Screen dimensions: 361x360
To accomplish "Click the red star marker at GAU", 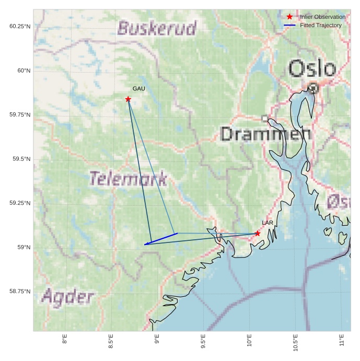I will (128, 99).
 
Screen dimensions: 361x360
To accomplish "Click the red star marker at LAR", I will (258, 234).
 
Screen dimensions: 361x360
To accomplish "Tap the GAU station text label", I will (138, 89).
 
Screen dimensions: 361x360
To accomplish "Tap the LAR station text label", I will (268, 223).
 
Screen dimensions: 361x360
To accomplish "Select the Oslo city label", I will (312, 69).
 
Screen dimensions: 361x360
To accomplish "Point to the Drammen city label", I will (265, 134).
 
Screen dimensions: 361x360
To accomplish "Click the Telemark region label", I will (128, 179).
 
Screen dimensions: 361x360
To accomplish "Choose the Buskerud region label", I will (157, 28).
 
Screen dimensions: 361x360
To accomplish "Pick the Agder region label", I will (67, 297).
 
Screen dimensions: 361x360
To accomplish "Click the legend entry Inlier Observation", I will (322, 17).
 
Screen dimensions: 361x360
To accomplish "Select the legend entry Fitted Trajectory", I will (320, 25).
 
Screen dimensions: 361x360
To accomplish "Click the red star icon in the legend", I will (290, 17).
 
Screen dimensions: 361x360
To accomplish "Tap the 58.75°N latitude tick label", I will (20, 291).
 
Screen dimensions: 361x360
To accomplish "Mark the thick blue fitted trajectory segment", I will (161, 239).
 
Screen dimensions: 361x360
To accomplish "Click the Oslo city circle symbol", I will (313, 88).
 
